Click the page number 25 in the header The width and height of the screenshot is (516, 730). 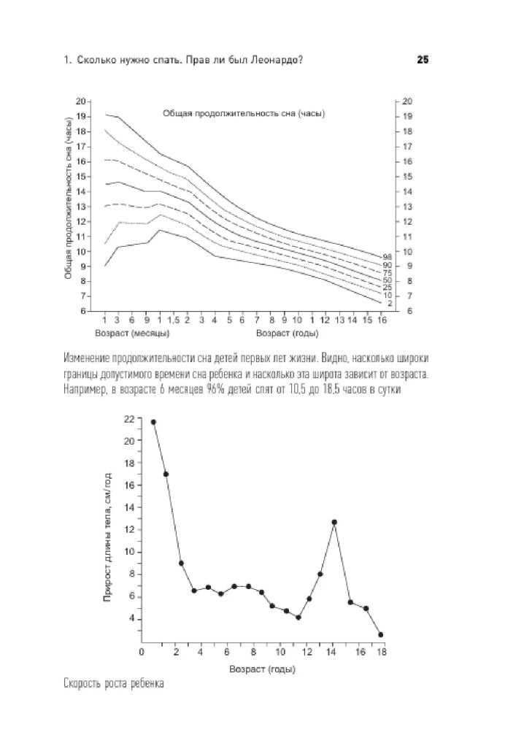422,61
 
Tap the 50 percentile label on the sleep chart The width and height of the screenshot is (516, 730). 388,280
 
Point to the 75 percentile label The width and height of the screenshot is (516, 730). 388,272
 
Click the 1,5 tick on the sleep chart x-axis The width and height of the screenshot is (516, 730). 173,320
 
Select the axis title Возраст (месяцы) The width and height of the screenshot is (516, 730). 133,334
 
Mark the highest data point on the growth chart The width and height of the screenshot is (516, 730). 153,422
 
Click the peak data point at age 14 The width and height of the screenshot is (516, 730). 334,523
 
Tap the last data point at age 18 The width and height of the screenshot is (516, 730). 380,634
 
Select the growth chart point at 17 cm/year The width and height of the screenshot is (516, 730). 166,474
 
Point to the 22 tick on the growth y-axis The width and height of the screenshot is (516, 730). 129,419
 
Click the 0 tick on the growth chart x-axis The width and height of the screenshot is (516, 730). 142,651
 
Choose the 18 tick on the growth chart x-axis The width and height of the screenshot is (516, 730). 380,651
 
